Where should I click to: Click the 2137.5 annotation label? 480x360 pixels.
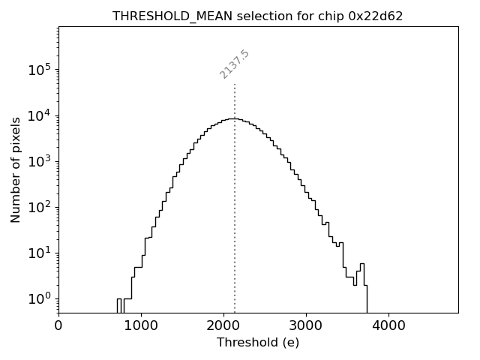pos(234,64)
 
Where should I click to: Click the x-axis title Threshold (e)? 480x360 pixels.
pos(258,343)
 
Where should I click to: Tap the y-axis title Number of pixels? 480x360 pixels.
pos(16,169)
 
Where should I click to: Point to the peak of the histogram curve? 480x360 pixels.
pos(235,118)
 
